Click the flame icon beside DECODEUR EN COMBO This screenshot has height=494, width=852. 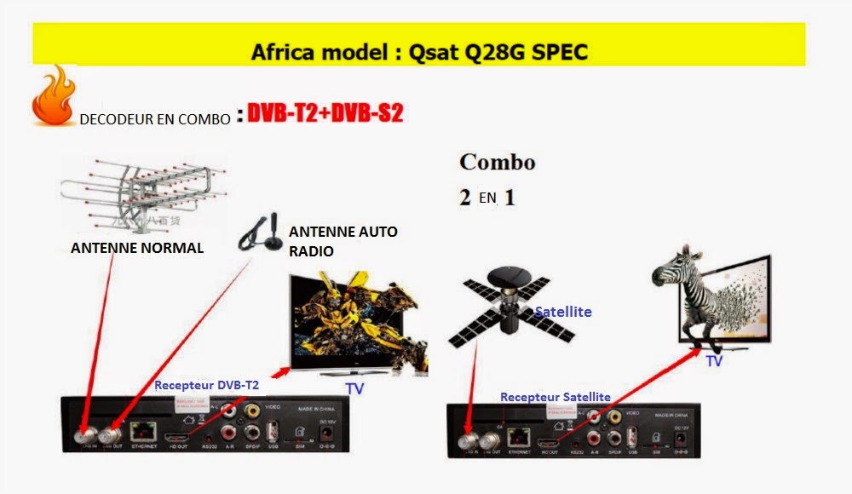coord(53,99)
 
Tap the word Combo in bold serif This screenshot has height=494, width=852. coord(497,162)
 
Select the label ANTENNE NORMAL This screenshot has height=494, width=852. coord(137,249)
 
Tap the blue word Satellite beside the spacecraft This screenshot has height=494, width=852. coord(562,313)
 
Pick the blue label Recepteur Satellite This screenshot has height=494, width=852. coord(555,397)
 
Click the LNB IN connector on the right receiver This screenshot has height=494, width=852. coord(467,440)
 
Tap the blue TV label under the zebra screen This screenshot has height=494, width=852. coord(714,361)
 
